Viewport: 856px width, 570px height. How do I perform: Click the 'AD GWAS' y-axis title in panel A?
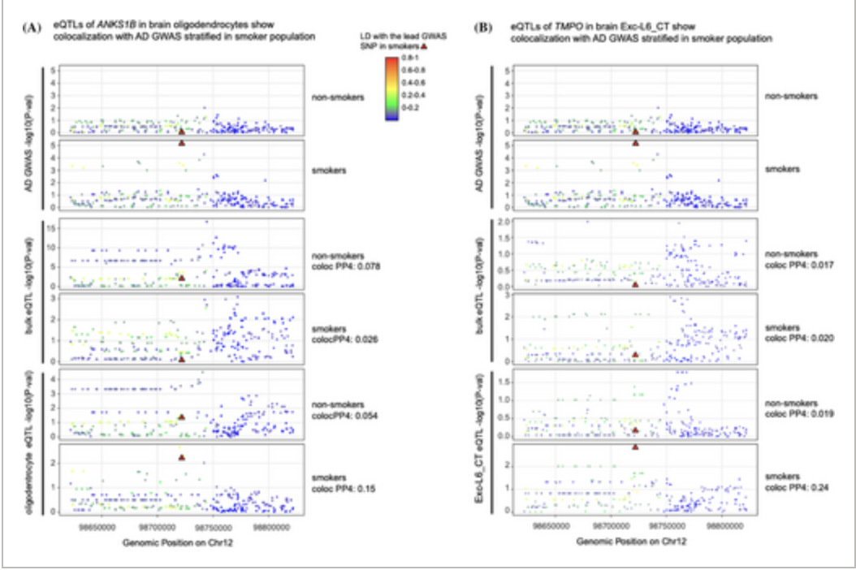(x=29, y=139)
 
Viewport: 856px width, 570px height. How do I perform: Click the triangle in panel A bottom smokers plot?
(x=182, y=457)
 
